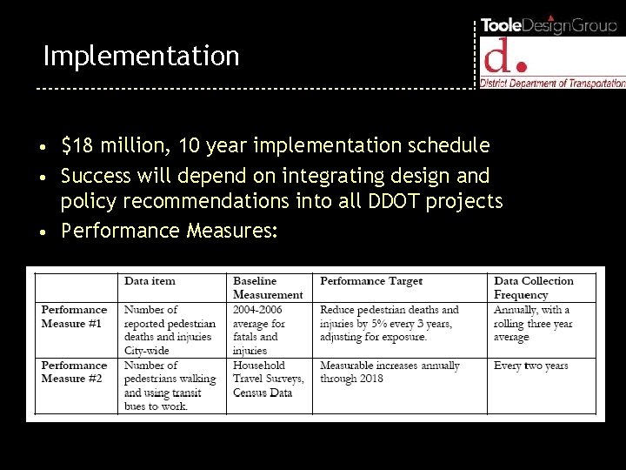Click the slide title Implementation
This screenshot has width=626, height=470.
click(x=141, y=57)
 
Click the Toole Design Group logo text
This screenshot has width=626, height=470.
click(x=549, y=25)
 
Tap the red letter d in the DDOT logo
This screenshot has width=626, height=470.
click(x=499, y=57)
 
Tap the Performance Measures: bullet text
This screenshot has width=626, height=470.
click(x=170, y=232)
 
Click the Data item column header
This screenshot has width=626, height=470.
click(x=150, y=281)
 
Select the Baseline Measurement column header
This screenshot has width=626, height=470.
click(x=266, y=288)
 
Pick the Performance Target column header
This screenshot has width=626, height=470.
click(x=371, y=281)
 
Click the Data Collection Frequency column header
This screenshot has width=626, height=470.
click(x=534, y=288)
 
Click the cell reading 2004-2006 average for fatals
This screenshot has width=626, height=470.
click(x=259, y=330)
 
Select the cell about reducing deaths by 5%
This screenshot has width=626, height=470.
click(x=390, y=323)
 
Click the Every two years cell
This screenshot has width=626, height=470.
click(x=530, y=366)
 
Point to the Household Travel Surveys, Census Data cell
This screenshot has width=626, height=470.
click(x=268, y=379)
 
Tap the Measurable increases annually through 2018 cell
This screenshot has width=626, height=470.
click(x=390, y=373)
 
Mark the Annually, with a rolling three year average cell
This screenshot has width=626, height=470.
click(x=533, y=323)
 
